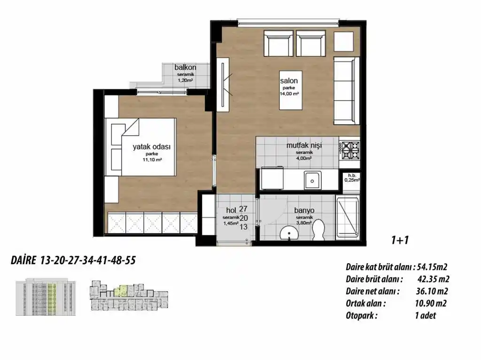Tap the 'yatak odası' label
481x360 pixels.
point(151,147)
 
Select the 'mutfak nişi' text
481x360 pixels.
point(304,146)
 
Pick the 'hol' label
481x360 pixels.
point(230,210)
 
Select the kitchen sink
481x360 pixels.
point(311,179)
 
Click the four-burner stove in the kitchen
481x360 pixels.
point(349,150)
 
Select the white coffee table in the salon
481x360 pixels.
point(290,91)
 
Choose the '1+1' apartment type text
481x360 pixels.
point(400,240)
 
